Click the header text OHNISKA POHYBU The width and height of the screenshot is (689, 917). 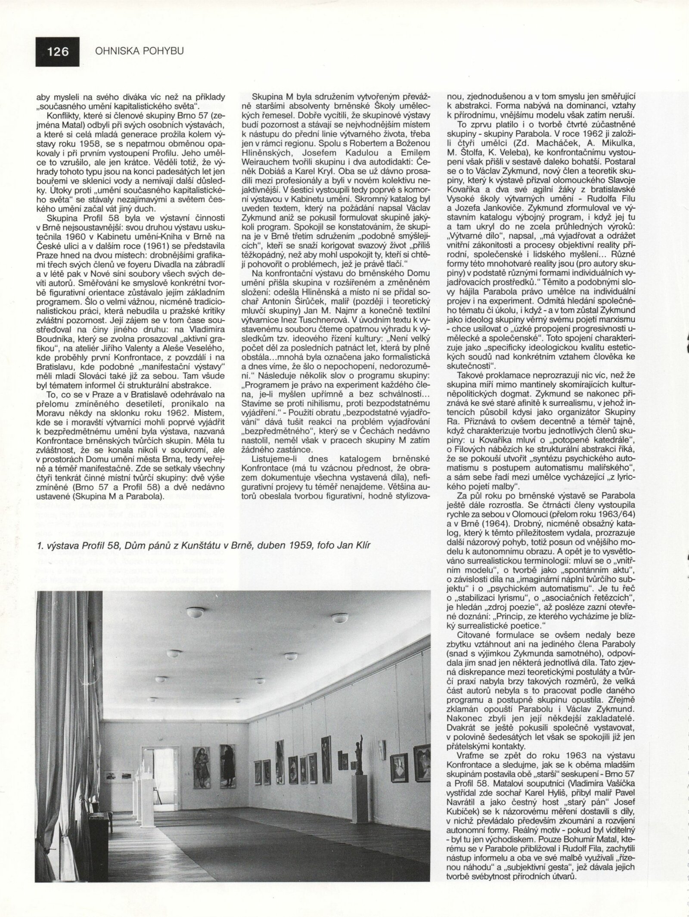click(139, 51)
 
